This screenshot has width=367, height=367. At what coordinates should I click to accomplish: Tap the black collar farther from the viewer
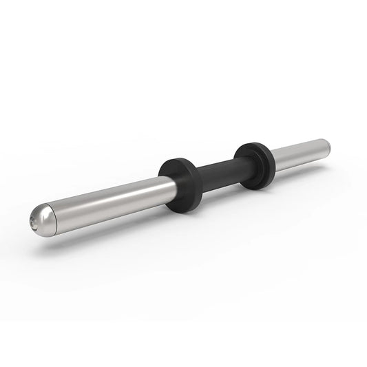254,165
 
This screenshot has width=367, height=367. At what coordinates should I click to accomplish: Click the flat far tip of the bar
328,145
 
